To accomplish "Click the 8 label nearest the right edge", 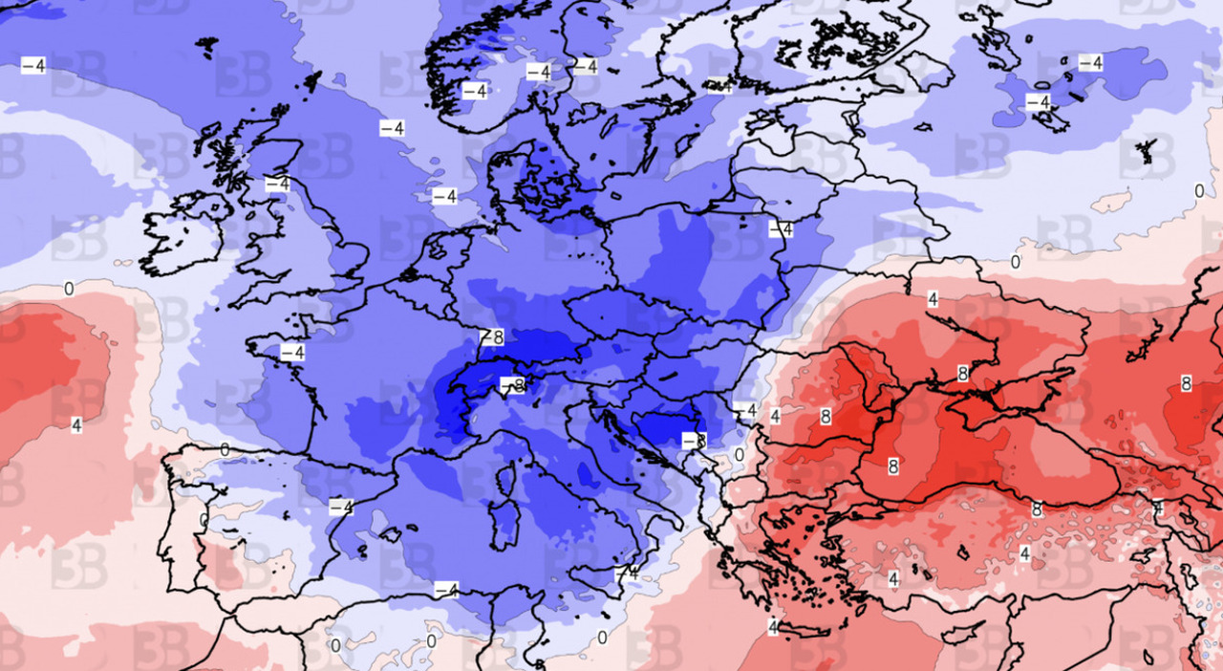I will [1186, 383].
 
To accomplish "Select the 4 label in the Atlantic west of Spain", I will [75, 423].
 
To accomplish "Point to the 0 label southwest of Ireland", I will [69, 288].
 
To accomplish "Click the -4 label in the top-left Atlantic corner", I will [33, 65].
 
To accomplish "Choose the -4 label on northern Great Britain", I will [277, 184].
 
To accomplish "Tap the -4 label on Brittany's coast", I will [292, 353].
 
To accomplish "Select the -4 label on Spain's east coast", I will [341, 507].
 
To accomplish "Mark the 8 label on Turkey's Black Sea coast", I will [1037, 510].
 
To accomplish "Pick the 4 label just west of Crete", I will [772, 627].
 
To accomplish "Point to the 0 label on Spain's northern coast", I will [225, 449].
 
